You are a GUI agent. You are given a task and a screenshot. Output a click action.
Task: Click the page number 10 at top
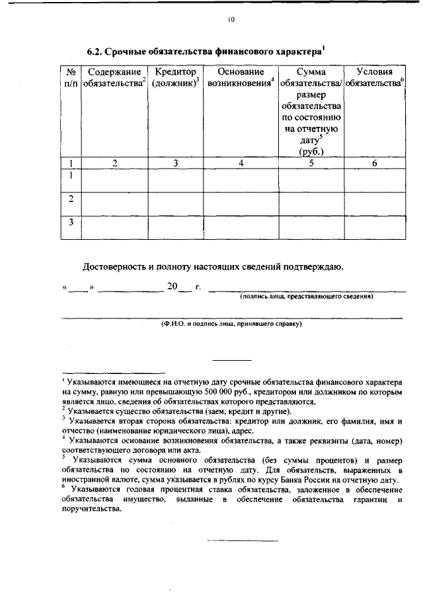[230, 19]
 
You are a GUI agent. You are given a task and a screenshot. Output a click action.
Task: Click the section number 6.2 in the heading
[97, 51]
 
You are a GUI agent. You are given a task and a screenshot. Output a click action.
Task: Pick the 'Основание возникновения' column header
[241, 77]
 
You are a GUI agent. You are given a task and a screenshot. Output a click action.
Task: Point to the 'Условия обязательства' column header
[375, 77]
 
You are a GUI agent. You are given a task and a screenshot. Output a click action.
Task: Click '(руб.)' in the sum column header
[310, 151]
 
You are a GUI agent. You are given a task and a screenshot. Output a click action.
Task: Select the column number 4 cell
[241, 163]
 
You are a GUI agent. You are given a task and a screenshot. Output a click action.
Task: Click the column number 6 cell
[374, 163]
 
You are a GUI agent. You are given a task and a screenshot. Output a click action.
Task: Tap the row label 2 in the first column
[71, 199]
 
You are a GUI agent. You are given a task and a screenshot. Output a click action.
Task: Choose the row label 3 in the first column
[71, 223]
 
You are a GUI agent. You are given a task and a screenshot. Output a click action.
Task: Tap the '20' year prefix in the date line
[172, 287]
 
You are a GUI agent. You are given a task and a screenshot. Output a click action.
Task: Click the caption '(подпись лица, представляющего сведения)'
[307, 297]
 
